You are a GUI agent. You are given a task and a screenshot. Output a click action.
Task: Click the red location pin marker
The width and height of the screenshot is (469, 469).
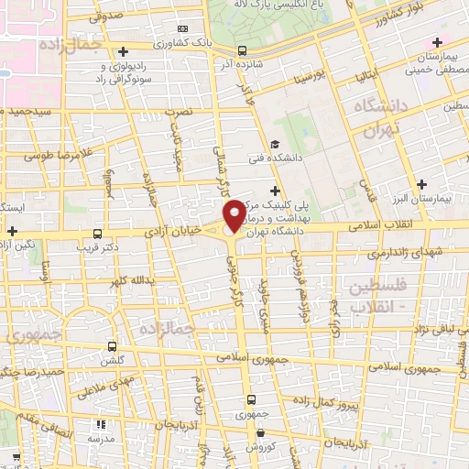234,214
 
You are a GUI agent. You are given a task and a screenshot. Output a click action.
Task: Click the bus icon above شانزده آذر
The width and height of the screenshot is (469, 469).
242,50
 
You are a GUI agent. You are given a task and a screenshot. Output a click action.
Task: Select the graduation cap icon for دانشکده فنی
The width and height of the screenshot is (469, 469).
275,145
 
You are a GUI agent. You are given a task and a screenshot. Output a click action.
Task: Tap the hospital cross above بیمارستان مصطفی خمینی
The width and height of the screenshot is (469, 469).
437,42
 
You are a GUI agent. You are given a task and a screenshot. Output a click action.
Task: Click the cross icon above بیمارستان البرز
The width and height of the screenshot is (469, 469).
421,184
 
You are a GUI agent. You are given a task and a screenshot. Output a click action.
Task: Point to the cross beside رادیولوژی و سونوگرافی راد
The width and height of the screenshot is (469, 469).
124,51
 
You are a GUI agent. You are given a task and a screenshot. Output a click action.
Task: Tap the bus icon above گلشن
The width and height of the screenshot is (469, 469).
112,347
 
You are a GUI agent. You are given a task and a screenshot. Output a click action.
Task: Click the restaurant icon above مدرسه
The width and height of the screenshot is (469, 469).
101,424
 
